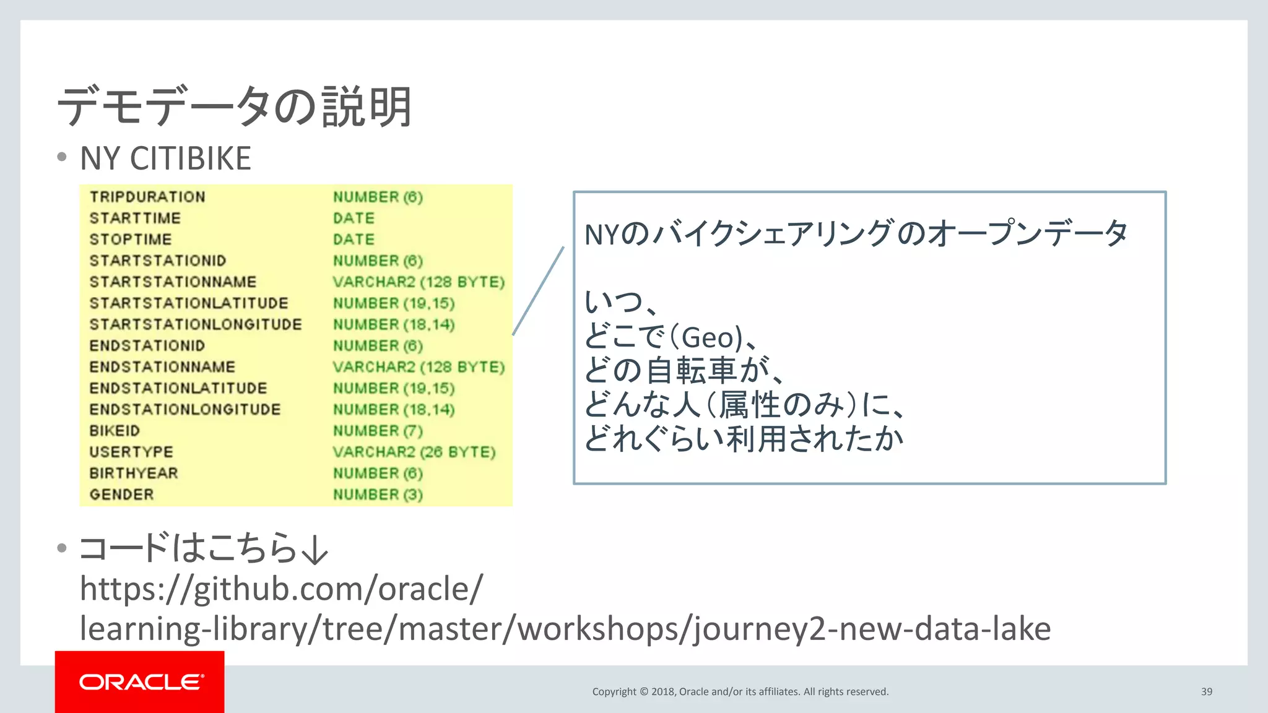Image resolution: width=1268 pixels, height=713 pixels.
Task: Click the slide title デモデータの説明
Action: click(234, 106)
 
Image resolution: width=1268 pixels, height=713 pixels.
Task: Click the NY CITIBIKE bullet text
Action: click(165, 158)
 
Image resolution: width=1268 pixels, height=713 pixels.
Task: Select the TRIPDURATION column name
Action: click(147, 197)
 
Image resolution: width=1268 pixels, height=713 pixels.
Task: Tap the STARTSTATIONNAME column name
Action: click(173, 282)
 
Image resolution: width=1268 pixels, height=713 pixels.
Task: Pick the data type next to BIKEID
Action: click(378, 431)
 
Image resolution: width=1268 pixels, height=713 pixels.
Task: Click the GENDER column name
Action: click(121, 495)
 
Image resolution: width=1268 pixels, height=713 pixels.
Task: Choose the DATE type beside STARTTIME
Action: click(354, 218)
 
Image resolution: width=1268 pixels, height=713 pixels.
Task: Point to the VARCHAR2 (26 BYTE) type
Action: click(414, 452)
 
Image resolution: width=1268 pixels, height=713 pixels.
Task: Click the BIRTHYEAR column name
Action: click(134, 473)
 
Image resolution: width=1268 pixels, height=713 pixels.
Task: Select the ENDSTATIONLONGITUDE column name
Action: click(185, 410)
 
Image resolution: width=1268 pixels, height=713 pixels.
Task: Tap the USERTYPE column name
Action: click(131, 452)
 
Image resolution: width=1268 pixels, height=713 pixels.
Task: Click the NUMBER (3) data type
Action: click(378, 495)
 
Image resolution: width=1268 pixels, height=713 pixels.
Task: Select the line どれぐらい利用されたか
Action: click(743, 439)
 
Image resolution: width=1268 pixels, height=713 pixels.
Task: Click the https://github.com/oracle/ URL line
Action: click(281, 589)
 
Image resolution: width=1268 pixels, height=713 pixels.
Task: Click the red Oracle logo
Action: click(140, 682)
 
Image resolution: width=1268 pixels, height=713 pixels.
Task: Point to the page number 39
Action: click(1206, 691)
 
